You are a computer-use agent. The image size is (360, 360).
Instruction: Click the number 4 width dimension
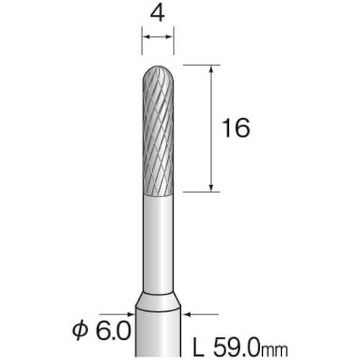158,14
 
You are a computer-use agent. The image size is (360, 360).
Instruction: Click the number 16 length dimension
236,128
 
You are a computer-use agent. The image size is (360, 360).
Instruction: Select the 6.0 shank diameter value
113,330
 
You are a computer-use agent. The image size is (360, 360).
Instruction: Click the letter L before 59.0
199,347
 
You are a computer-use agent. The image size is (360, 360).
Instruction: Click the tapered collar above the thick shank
158,302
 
